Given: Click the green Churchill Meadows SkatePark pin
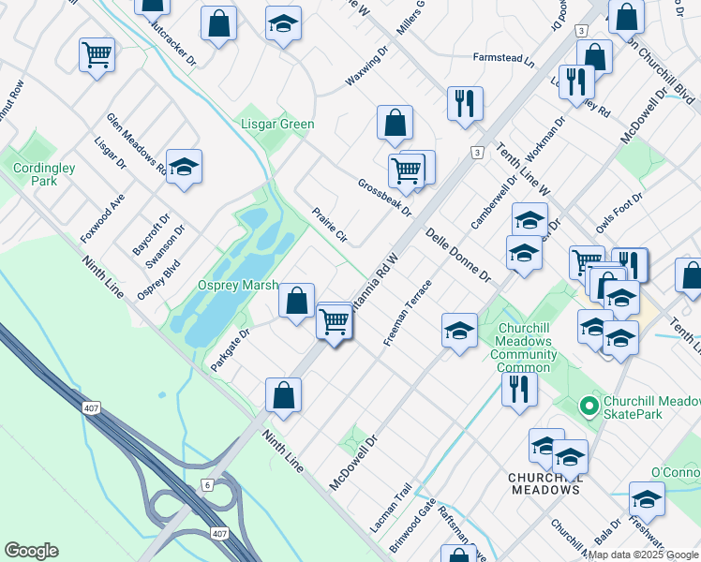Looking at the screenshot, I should [589, 406].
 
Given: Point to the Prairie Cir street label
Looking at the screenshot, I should [329, 226].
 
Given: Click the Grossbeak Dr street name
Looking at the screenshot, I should [384, 198].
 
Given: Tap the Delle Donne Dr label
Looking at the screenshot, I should [458, 254].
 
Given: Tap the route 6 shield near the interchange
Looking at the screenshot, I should [207, 484].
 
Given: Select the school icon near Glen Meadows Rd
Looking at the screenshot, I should [185, 166].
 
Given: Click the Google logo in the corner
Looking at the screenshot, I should [32, 551].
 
